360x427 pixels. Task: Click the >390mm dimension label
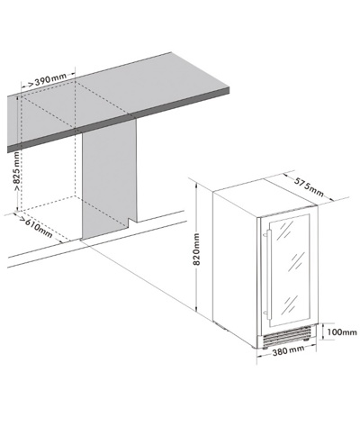(48, 80)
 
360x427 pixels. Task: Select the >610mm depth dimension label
(36, 227)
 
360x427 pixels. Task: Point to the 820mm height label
(196, 250)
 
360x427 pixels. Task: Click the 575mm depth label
(309, 187)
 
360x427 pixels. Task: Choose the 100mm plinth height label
(342, 332)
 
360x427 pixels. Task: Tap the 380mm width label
(288, 350)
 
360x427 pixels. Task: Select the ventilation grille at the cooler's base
(286, 335)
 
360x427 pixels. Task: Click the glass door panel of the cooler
(290, 269)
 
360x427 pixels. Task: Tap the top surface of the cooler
(266, 197)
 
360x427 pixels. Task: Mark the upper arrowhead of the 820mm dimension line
(196, 186)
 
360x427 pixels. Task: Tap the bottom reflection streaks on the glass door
(291, 304)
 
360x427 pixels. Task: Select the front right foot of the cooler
(306, 339)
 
